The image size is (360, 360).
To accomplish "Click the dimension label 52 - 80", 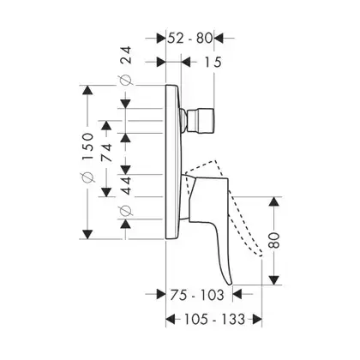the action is coord(190,38).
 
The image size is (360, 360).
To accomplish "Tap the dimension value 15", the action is coord(213,62).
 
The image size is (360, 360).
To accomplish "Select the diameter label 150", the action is coord(88,147).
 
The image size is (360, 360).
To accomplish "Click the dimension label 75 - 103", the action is coord(197,295).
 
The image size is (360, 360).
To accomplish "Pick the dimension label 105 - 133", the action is coord(214,319).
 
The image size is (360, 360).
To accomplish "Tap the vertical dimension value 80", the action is coord(274,240).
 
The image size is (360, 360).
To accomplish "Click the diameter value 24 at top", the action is coord(126,56).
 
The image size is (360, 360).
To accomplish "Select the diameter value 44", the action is coord(126,186).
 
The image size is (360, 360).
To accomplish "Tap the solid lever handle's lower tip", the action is coord(230,284).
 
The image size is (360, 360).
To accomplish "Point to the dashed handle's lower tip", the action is coord(261,255).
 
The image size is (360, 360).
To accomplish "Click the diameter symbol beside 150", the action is coord(88,177).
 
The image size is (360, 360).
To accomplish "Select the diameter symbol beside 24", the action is coord(126,81).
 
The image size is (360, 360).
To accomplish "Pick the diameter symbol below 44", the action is coord(126,211).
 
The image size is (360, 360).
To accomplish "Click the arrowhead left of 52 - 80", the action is coord(161,38).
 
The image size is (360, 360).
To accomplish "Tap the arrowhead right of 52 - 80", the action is coord(219,38).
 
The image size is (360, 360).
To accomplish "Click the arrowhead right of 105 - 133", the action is coord(257,319).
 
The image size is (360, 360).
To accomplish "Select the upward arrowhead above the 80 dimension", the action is coord(274,201).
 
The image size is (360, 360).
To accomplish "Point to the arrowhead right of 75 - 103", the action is coord(237,294).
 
